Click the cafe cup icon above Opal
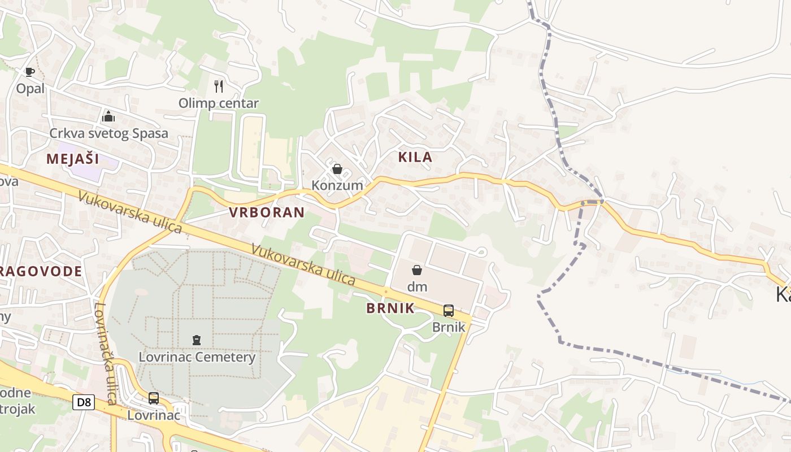[x=29, y=72]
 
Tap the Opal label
[x=29, y=89]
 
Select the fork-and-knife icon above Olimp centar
[x=219, y=86]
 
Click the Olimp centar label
[x=219, y=103]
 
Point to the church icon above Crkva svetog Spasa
[x=108, y=116]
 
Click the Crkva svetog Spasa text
[x=108, y=133]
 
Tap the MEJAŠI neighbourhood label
[x=73, y=159]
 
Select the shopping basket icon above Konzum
[x=337, y=169]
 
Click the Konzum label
[x=337, y=185]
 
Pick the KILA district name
[x=415, y=157]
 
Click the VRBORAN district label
[x=267, y=212]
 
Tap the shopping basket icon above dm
[x=417, y=270]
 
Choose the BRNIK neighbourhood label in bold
[x=390, y=308]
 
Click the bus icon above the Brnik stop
[x=449, y=310]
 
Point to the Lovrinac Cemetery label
[x=197, y=357]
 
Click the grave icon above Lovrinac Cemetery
[x=197, y=340]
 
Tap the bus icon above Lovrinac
[x=154, y=398]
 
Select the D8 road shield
[x=84, y=402]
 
